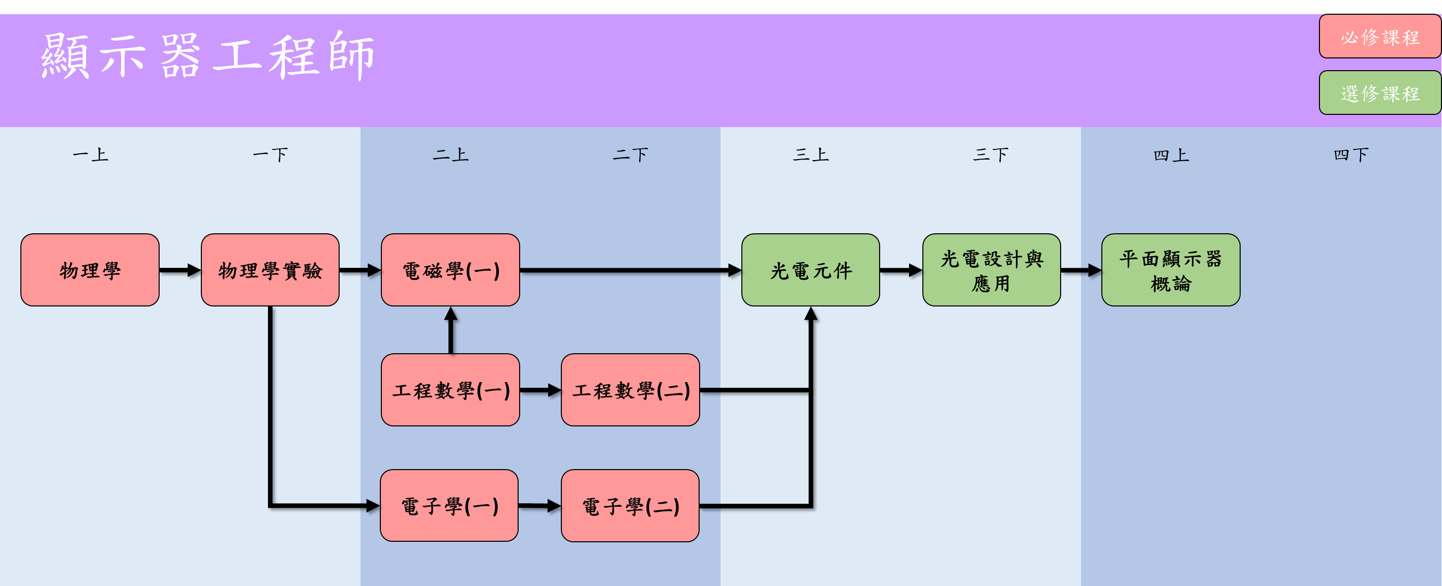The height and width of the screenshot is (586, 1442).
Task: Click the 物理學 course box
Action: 89,270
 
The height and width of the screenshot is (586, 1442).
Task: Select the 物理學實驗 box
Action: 270,270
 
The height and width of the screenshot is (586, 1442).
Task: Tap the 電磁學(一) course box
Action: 450,270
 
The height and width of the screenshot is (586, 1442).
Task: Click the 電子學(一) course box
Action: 449,505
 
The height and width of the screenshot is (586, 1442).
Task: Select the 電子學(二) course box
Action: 630,505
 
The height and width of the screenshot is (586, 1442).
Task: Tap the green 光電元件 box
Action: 810,270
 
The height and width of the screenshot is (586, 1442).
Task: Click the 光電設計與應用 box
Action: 992,270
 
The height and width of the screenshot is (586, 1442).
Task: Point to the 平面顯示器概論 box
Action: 1170,270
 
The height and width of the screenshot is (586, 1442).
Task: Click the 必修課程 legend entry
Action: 1380,37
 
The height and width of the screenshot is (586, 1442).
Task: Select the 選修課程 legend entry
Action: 1380,93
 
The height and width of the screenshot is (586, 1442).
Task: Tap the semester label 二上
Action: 450,155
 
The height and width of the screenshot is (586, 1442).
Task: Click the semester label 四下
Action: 1351,155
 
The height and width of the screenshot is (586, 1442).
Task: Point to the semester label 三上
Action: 810,155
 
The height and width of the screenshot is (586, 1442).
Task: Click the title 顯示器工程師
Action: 207,56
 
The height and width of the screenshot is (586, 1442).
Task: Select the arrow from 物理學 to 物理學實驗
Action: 179,270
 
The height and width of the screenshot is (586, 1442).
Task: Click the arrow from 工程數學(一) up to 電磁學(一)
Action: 450,330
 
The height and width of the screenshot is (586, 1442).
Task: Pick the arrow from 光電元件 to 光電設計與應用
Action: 900,270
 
